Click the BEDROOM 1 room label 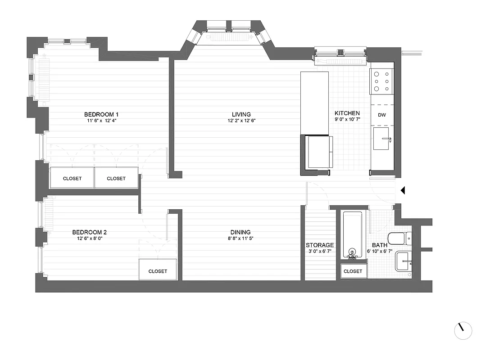pyautogui.click(x=101, y=114)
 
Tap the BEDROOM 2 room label pyautogui.click(x=89, y=232)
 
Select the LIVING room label pyautogui.click(x=241, y=114)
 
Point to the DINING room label pyautogui.click(x=241, y=232)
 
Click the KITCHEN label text pyautogui.click(x=347, y=113)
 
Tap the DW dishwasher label pyautogui.click(x=381, y=115)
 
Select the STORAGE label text pyautogui.click(x=320, y=245)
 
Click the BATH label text pyautogui.click(x=380, y=245)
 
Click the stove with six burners pyautogui.click(x=382, y=81)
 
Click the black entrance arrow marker pyautogui.click(x=403, y=191)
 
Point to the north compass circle pyautogui.click(x=463, y=331)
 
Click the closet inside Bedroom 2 pyautogui.click(x=158, y=271)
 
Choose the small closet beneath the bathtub pyautogui.click(x=353, y=271)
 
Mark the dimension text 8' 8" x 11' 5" pyautogui.click(x=241, y=239)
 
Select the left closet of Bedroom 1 pyautogui.click(x=72, y=179)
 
